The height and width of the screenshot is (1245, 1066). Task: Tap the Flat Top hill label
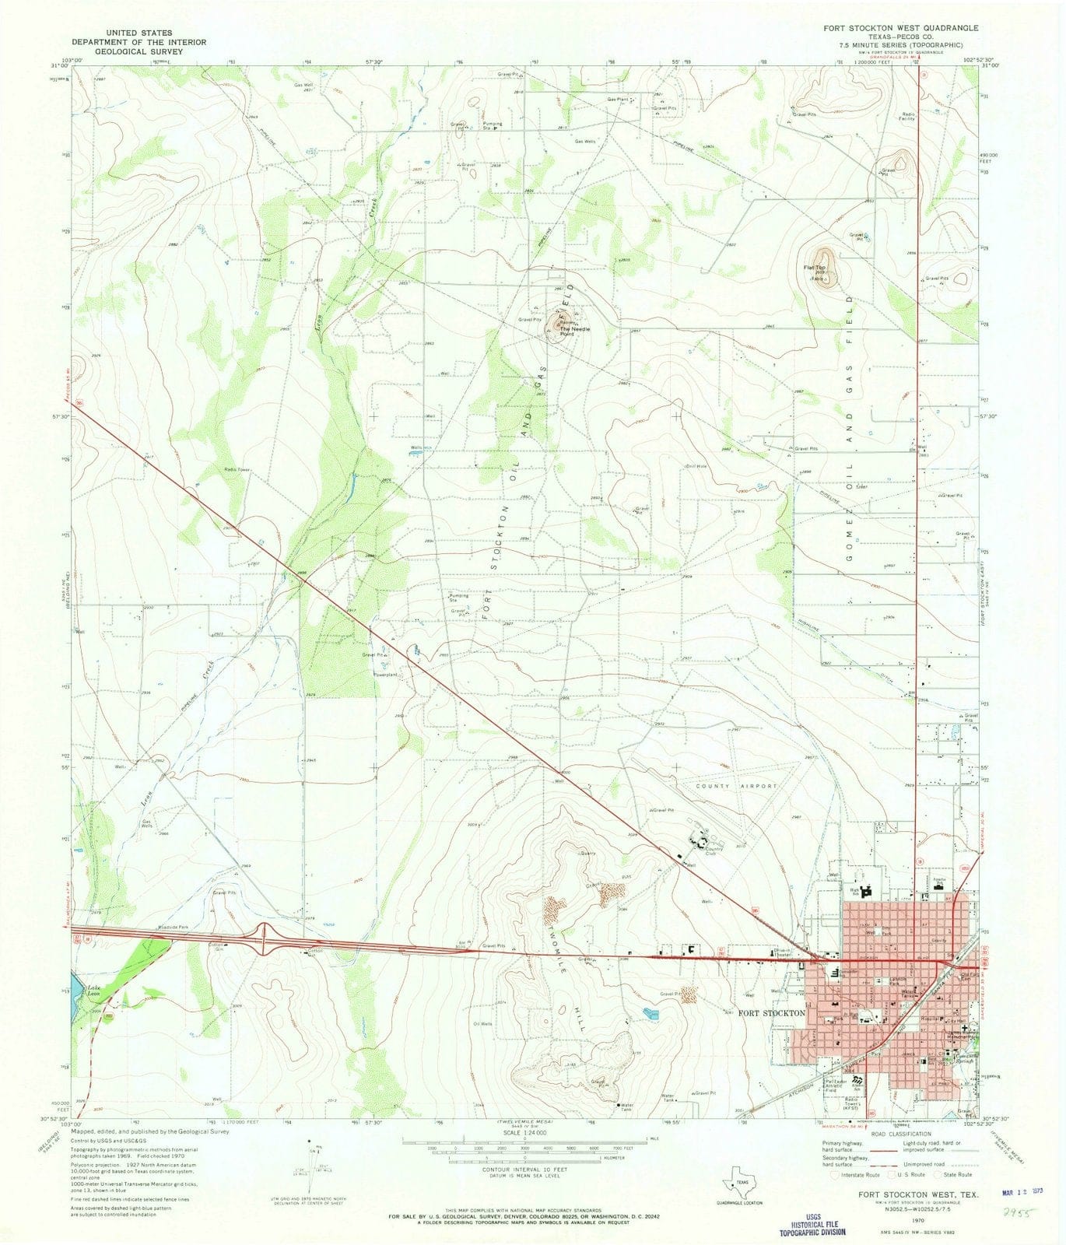pyautogui.click(x=814, y=270)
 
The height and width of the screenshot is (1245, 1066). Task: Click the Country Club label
pyautogui.click(x=714, y=850)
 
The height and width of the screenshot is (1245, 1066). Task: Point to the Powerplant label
pyautogui.click(x=387, y=675)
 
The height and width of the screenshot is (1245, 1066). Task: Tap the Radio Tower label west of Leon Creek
pyautogui.click(x=237, y=469)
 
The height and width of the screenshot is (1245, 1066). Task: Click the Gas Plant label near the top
pyautogui.click(x=619, y=100)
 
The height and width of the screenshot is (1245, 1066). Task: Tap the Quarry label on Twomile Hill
pyautogui.click(x=587, y=854)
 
